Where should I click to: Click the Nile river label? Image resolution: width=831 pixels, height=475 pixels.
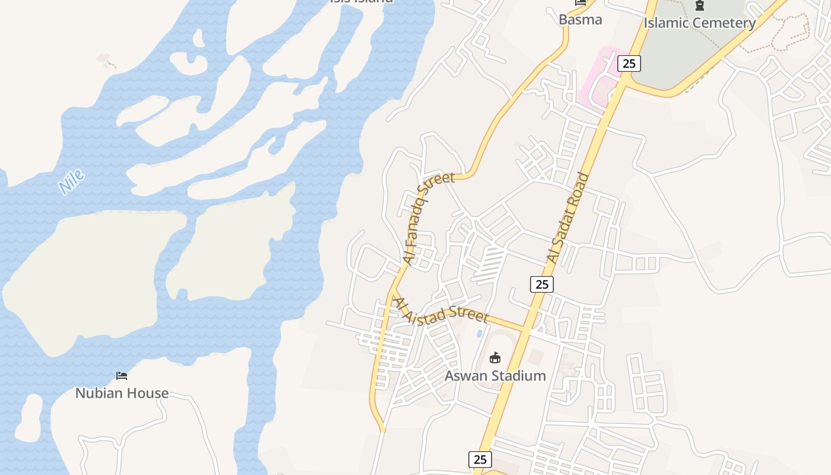(72, 182)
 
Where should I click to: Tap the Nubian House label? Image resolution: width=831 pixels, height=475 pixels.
(122, 393)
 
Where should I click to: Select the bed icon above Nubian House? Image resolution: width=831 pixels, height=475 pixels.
(122, 375)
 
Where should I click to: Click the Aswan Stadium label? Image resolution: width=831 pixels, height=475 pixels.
(495, 376)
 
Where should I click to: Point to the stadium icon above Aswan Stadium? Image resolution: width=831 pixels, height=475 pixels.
(495, 357)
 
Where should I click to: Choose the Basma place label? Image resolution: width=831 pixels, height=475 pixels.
(580, 20)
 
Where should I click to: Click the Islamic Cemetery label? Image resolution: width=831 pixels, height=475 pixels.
(700, 23)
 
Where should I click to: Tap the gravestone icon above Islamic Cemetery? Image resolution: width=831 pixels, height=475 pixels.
(700, 6)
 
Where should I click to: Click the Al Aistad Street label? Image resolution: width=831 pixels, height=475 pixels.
(440, 310)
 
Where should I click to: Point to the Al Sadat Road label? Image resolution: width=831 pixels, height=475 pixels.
(567, 218)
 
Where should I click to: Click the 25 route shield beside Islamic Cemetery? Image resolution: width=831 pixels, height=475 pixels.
(629, 63)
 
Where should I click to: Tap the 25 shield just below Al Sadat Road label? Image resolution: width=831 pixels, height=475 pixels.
(541, 284)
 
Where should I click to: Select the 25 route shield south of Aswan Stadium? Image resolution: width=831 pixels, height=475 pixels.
(480, 459)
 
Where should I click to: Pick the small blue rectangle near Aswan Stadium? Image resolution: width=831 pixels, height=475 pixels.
(479, 334)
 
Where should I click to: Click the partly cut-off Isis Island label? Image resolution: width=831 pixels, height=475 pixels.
(361, 2)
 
